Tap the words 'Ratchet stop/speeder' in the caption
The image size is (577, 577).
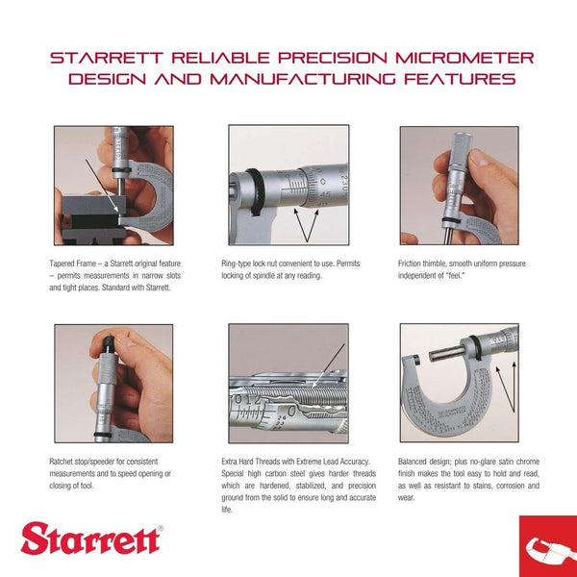86,461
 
